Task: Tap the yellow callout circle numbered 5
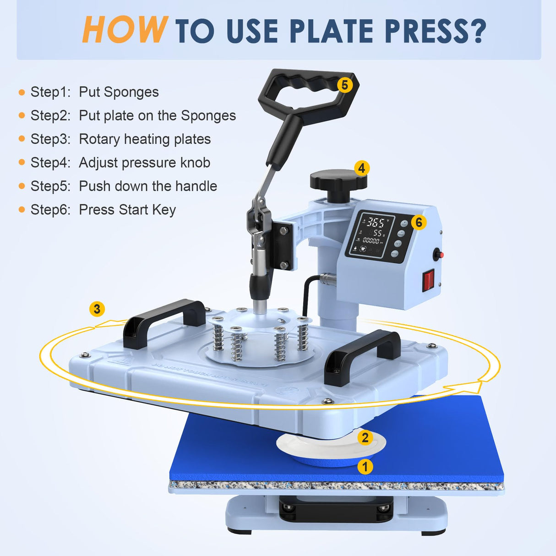[345, 85]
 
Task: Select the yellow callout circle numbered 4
[362, 168]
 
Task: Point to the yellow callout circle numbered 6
[418, 223]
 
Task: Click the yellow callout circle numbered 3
[97, 309]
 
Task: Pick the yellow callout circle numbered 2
[365, 437]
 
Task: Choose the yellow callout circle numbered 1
[365, 467]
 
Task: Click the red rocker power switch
[428, 280]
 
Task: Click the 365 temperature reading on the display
[376, 223]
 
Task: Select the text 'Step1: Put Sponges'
[94, 92]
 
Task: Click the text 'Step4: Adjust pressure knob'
[120, 163]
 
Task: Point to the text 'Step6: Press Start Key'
[103, 210]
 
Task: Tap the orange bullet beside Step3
[22, 139]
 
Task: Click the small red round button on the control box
[436, 254]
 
